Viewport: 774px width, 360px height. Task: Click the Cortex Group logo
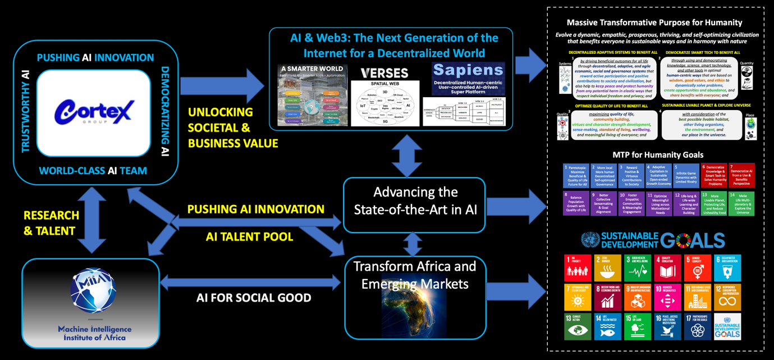click(x=94, y=112)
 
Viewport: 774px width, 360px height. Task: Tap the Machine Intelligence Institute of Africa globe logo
click(x=93, y=292)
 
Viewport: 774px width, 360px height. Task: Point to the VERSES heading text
click(x=384, y=74)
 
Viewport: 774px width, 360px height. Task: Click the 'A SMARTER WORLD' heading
click(x=313, y=70)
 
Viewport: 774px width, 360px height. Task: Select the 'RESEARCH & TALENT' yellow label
click(x=50, y=223)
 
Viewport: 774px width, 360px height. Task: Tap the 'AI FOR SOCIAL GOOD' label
click(x=254, y=298)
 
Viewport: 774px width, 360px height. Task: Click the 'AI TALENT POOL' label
click(x=249, y=237)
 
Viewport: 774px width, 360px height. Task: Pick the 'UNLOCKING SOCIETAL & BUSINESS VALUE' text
click(x=233, y=127)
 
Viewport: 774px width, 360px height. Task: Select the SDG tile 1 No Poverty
click(x=578, y=268)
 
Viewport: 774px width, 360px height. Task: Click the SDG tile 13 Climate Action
click(x=578, y=326)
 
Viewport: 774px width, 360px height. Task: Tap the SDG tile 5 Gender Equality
click(x=698, y=268)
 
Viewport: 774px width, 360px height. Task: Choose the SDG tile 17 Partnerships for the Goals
click(x=698, y=326)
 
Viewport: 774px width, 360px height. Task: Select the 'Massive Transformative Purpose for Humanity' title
click(x=654, y=23)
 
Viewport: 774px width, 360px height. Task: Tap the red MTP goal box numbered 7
click(x=741, y=176)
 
